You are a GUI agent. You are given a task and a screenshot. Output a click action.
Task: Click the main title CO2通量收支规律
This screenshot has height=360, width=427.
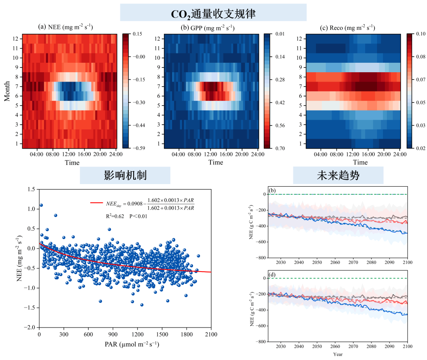pyautogui.click(x=213, y=13)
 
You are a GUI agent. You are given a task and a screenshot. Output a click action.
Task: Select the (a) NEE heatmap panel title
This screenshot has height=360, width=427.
pyautogui.click(x=66, y=27)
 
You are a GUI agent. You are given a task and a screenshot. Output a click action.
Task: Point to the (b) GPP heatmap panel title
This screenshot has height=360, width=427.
pyautogui.click(x=208, y=27)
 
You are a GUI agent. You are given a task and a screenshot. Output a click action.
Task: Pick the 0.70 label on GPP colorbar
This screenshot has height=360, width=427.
pyautogui.click(x=280, y=148)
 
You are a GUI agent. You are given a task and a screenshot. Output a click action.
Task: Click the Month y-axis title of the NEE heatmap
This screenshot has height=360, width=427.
pyautogui.click(x=7, y=91)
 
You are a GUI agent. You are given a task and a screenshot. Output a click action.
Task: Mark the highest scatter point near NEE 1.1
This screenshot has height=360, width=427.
pyautogui.click(x=41, y=205)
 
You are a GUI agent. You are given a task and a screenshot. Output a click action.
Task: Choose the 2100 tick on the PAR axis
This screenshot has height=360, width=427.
pyautogui.click(x=211, y=334)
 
